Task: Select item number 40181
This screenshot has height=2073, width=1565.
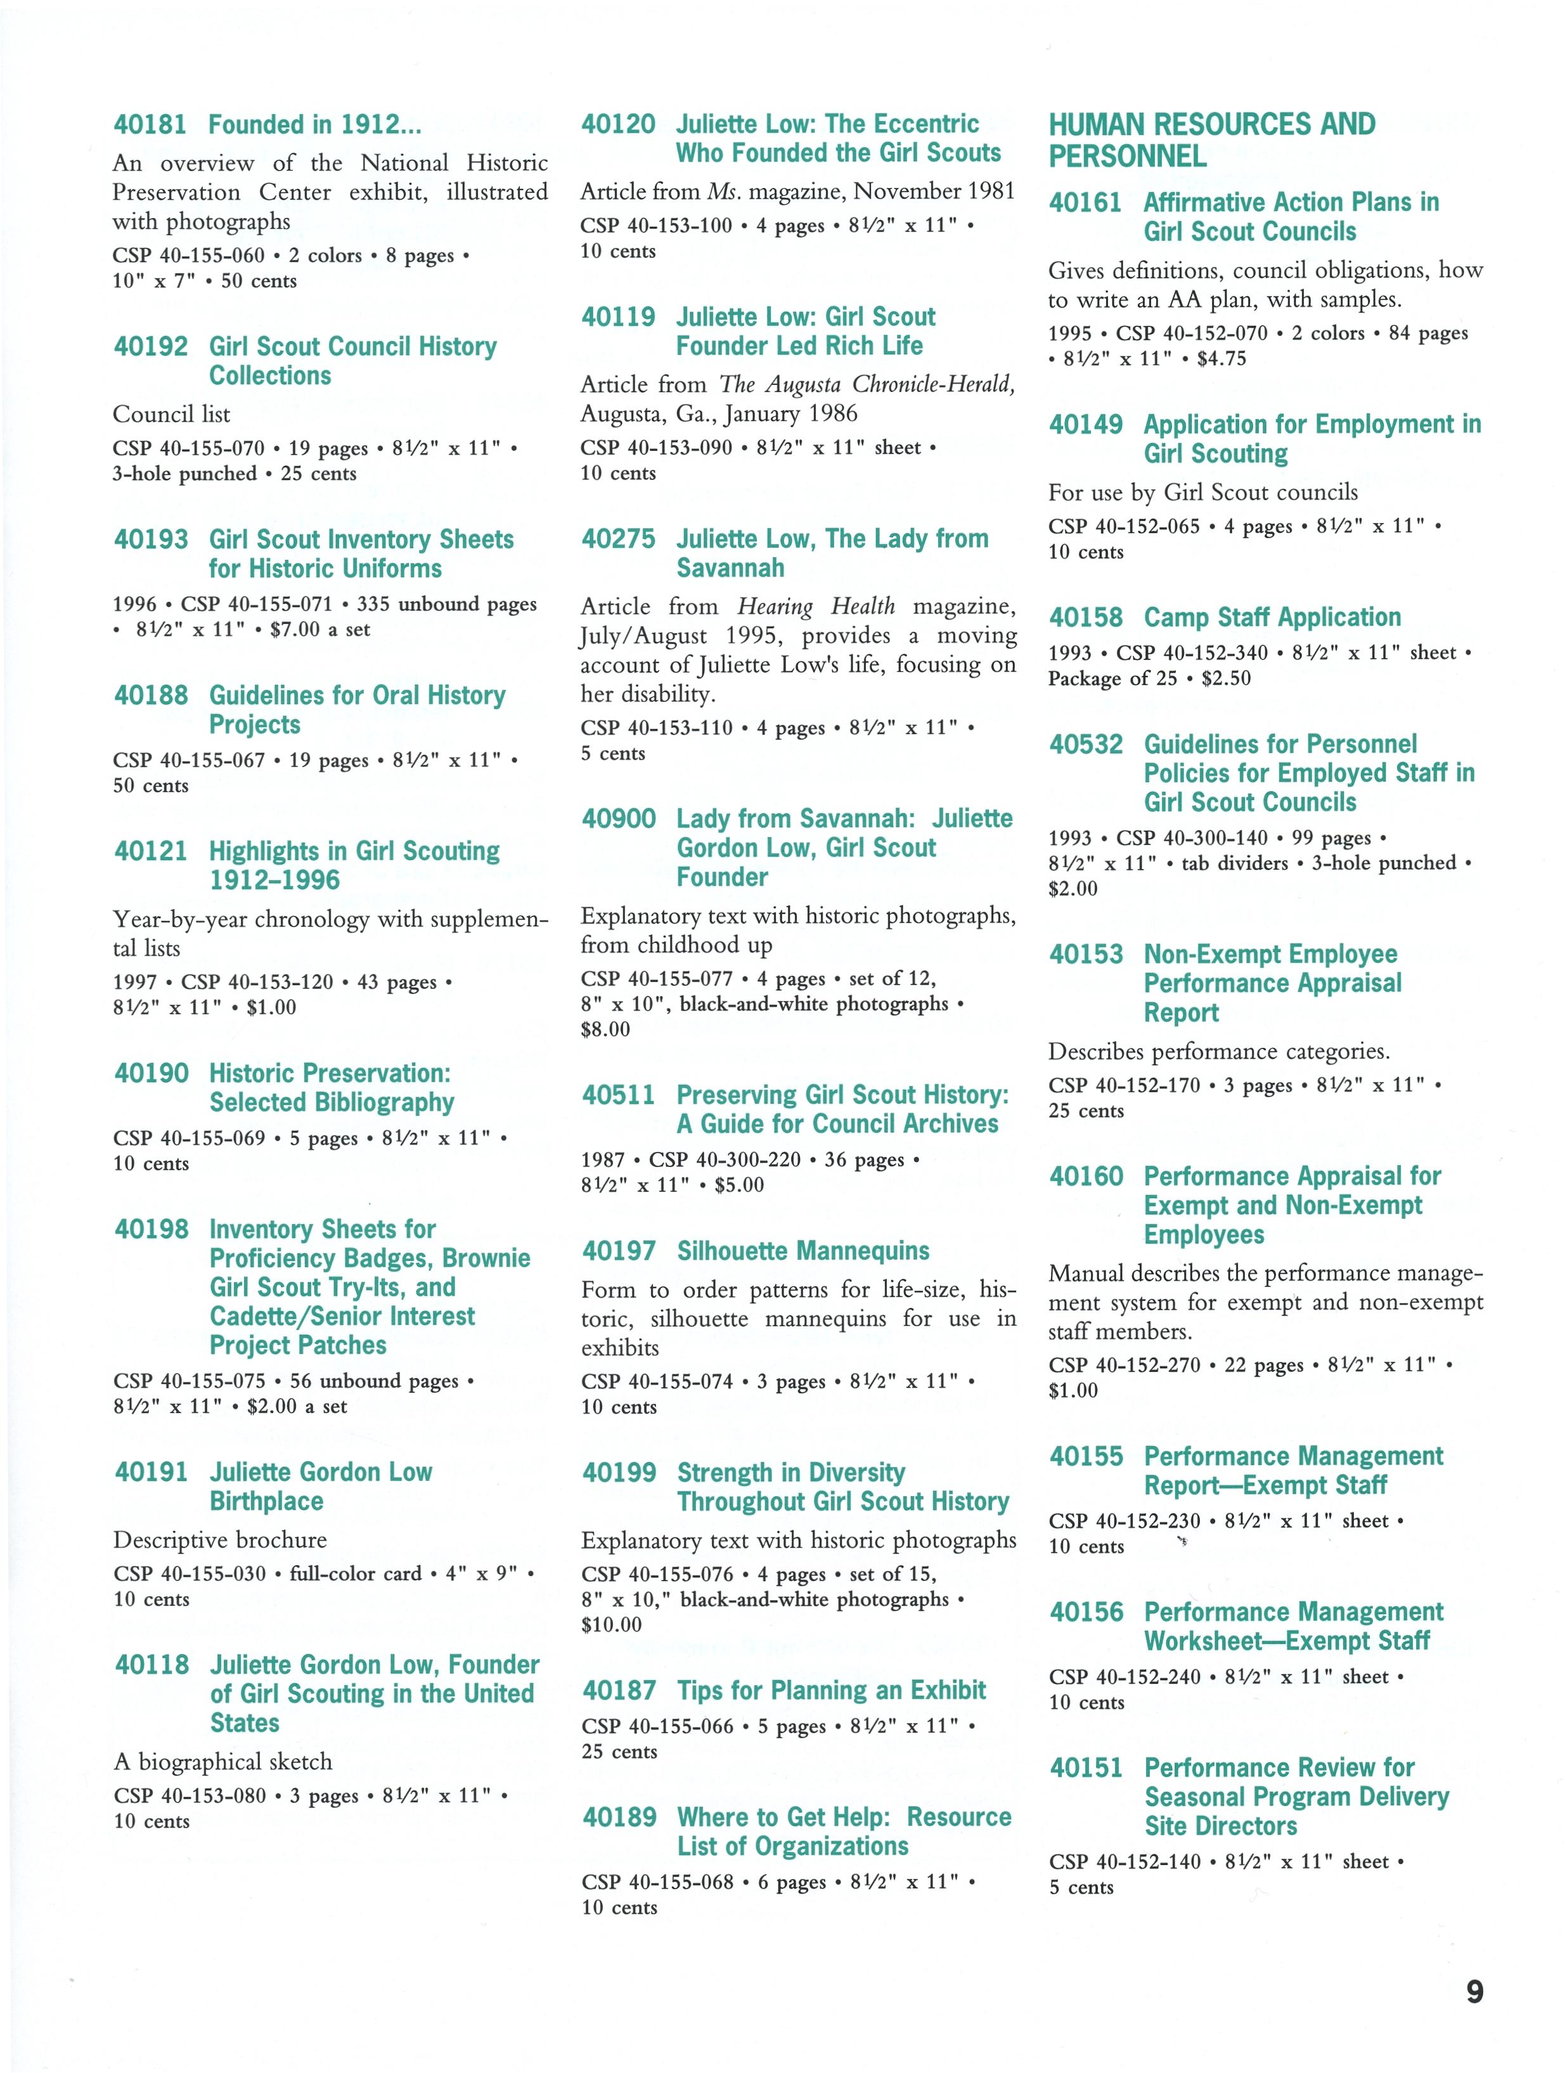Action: click(x=150, y=125)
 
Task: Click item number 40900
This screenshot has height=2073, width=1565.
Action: click(x=619, y=819)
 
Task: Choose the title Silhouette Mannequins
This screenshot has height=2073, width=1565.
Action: click(x=803, y=1251)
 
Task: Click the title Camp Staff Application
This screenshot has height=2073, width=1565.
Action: click(x=1272, y=617)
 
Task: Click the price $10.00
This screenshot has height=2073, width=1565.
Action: click(x=611, y=1625)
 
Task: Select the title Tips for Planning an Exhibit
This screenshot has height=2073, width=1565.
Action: click(x=831, y=1691)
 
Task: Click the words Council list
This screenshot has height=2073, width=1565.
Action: click(x=172, y=414)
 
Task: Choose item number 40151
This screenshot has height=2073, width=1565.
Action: click(x=1086, y=1769)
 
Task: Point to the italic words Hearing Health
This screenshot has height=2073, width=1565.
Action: click(x=815, y=606)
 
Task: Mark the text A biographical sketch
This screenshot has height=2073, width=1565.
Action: click(x=223, y=1762)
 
